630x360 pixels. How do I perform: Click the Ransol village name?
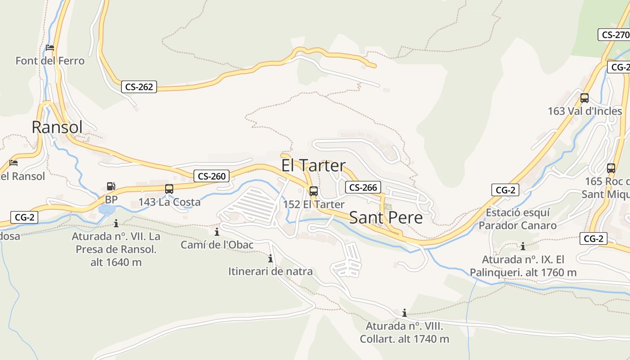(57, 127)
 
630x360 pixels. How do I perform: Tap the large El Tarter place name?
(313, 166)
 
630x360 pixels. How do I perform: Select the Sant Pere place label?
(386, 218)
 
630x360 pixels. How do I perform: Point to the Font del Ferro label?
(50, 61)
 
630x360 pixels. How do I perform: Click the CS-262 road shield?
(139, 87)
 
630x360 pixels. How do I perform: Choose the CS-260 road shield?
(211, 176)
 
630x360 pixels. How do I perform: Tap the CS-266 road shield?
(363, 187)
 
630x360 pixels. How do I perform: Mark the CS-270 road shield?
(615, 35)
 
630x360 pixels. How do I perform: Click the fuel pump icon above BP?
(111, 186)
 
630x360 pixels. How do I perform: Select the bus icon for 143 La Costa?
(169, 189)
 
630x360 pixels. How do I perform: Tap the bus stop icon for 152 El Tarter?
(314, 191)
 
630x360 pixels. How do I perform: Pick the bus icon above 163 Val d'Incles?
(585, 98)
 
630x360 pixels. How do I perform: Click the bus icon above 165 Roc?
(611, 168)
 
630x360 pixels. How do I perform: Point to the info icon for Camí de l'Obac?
(217, 232)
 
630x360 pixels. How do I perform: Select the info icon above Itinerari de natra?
(270, 258)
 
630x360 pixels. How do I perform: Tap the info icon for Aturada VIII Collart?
(405, 313)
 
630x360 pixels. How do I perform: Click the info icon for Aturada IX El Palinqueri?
(523, 246)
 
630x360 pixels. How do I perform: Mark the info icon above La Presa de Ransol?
(116, 223)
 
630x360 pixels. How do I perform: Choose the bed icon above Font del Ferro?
(50, 47)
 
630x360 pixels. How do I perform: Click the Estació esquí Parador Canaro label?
(517, 219)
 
